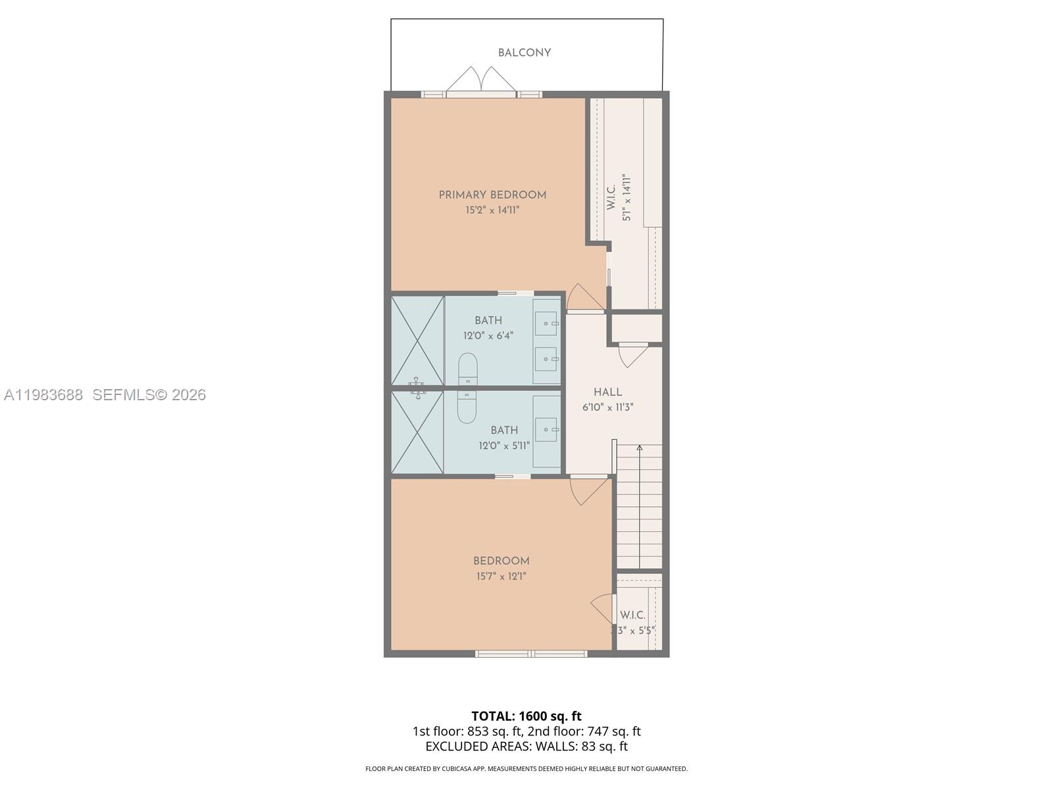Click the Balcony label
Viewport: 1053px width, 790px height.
pyautogui.click(x=524, y=53)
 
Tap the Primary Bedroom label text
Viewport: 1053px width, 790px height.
pyautogui.click(x=492, y=195)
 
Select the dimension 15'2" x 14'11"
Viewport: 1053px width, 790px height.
pyautogui.click(x=492, y=211)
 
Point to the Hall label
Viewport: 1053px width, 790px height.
pyautogui.click(x=607, y=392)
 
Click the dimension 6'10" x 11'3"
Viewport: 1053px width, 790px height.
pyautogui.click(x=607, y=408)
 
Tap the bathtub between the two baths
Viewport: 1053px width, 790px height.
pyautogui.click(x=467, y=388)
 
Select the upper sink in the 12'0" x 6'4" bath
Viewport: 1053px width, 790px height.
pyautogui.click(x=546, y=323)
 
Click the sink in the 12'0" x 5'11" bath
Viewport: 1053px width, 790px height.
pyautogui.click(x=546, y=429)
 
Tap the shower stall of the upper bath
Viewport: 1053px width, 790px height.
pyautogui.click(x=417, y=340)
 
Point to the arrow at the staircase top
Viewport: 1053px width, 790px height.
pyautogui.click(x=639, y=448)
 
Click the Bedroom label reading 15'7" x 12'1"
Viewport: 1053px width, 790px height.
pyautogui.click(x=501, y=561)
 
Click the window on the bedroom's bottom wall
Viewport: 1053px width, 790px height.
pyautogui.click(x=530, y=654)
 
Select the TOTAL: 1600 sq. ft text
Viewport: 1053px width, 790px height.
pyautogui.click(x=526, y=716)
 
